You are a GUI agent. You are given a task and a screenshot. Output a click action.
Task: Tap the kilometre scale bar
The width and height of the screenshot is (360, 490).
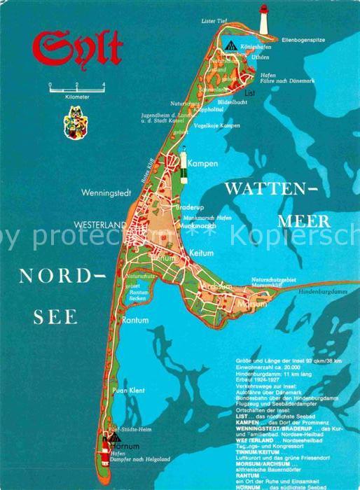click(x=76, y=88)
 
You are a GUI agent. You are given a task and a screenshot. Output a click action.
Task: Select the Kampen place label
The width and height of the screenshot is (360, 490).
click(x=204, y=163)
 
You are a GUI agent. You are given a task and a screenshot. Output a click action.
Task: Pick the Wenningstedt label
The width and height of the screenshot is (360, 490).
click(x=105, y=190)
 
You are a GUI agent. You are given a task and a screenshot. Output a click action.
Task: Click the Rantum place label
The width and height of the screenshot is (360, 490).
click(x=135, y=320)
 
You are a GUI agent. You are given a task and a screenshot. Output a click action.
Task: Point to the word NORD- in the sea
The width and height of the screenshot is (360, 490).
click(x=62, y=276)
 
